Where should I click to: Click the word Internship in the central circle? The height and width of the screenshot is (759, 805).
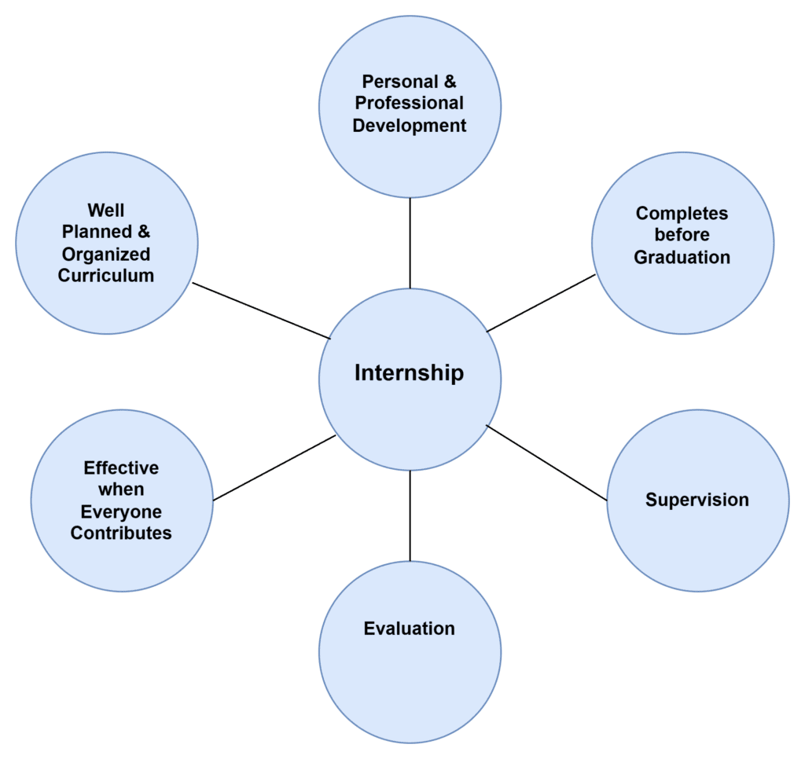409,372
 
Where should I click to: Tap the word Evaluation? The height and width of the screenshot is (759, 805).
409,629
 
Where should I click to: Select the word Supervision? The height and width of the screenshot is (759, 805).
697,500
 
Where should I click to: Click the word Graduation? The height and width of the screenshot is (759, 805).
682,257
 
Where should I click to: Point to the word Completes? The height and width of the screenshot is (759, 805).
682,214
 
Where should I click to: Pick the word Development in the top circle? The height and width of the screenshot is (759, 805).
410,126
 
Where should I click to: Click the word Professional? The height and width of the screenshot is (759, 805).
410,103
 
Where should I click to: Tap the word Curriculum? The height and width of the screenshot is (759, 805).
106,276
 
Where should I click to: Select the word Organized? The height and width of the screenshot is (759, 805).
106,255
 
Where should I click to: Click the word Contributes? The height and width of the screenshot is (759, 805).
121,533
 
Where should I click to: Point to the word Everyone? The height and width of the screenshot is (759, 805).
121,511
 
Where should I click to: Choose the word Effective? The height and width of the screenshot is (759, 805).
121,468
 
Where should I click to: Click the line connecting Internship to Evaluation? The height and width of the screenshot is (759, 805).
410,515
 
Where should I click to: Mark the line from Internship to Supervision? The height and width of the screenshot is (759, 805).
546,463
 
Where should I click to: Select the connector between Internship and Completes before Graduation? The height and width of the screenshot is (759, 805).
542,302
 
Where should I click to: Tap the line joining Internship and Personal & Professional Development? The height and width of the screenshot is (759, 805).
410,243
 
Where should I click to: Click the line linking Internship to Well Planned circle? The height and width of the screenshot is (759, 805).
261,311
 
